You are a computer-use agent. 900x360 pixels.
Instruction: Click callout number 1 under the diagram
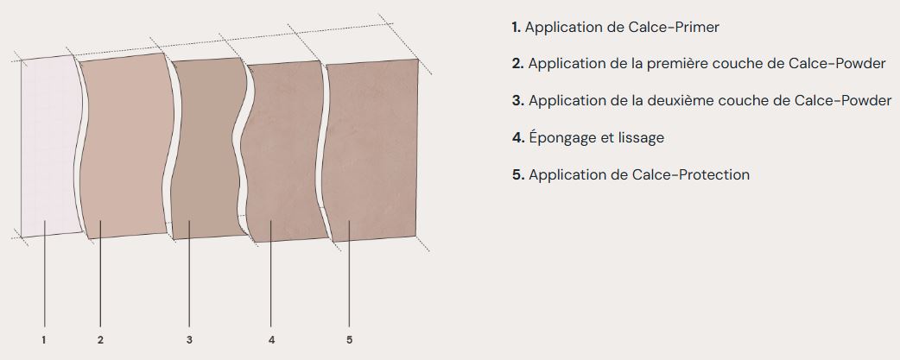pyautogui.click(x=44, y=340)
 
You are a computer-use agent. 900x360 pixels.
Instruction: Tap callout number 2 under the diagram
pyautogui.click(x=100, y=340)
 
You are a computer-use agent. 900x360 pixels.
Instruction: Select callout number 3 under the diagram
pyautogui.click(x=189, y=340)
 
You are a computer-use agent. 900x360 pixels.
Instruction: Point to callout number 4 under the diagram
pyautogui.click(x=271, y=340)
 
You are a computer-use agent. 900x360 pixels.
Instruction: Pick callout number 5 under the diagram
pyautogui.click(x=350, y=340)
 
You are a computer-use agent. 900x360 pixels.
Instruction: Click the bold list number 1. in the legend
pyautogui.click(x=516, y=27)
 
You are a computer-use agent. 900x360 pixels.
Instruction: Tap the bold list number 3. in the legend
pyautogui.click(x=518, y=101)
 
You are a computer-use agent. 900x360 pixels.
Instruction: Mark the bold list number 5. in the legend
pyautogui.click(x=518, y=175)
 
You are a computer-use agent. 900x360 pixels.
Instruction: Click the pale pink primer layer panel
pyautogui.click(x=50, y=146)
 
